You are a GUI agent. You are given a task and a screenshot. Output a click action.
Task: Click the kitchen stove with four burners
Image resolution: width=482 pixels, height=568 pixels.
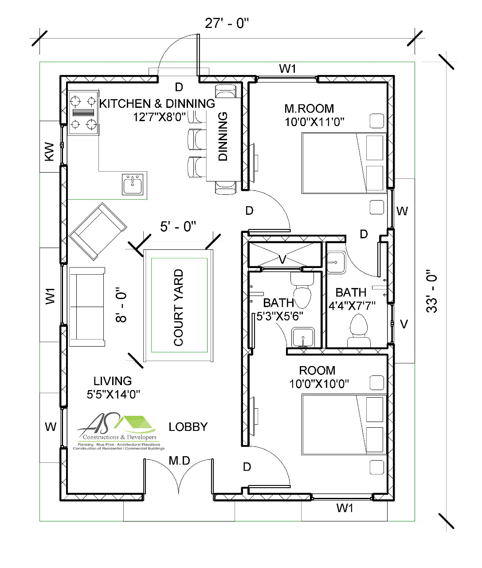83,112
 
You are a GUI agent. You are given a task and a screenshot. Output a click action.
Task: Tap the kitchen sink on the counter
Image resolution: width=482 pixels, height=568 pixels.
133,184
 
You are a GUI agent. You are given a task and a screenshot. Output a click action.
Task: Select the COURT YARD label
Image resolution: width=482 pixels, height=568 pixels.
178,308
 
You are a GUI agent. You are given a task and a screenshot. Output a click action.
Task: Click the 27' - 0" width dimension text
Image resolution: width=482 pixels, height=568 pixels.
227,23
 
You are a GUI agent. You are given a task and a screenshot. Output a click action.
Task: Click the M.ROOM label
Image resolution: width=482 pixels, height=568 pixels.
309,109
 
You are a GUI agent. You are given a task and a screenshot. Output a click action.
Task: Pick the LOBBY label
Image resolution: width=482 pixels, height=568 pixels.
188,427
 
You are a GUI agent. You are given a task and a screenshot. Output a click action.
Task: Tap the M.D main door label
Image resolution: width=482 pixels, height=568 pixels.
179,461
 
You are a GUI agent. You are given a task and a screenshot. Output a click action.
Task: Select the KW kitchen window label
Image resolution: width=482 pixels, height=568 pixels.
49,151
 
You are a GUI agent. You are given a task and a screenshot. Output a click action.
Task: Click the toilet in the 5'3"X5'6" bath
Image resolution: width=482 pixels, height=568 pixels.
302,290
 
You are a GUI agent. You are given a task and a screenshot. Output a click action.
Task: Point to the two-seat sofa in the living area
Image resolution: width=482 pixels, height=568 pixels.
87,306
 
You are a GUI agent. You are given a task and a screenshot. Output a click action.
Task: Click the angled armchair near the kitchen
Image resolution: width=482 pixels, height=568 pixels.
98,231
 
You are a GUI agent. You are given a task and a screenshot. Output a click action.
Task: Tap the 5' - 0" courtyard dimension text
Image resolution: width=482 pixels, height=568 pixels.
178,226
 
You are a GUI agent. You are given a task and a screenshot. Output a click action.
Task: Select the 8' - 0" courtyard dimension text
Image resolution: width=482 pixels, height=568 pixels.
121,304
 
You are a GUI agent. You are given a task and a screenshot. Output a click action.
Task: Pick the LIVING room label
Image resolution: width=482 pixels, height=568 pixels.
113,381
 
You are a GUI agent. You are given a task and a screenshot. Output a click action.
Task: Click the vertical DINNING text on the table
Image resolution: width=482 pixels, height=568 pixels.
223,136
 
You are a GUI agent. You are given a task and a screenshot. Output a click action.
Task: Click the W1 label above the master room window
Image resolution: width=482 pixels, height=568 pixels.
287,69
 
